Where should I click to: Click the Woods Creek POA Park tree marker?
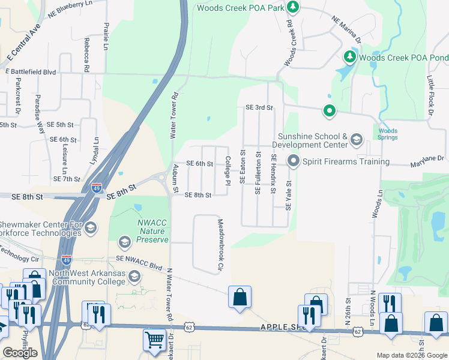293,7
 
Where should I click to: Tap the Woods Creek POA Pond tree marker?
349,57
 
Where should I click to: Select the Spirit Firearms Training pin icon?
294,161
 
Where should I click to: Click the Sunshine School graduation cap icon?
356,140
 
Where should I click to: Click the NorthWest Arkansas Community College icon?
134,276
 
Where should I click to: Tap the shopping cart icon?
154,340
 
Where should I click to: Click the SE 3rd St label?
259,108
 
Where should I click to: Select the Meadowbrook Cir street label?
220,244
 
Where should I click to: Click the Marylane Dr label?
427,158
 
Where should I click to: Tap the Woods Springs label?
388,135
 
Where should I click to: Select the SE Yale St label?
288,196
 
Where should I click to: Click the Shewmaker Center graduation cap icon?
90,227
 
